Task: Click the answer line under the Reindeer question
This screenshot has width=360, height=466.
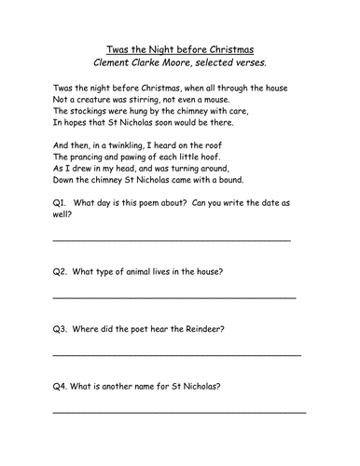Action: point(177,355)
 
